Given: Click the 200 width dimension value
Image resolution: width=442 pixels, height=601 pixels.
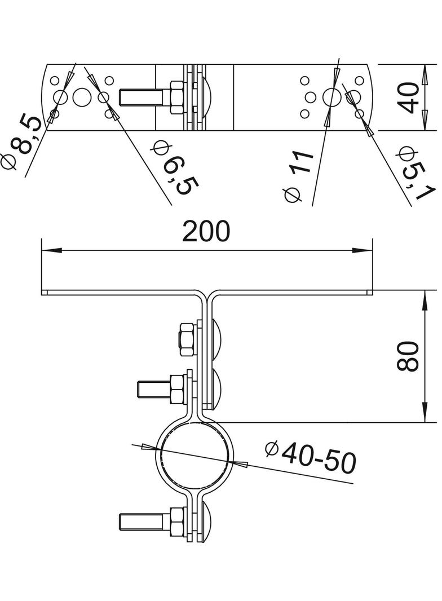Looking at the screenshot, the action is tap(206, 231).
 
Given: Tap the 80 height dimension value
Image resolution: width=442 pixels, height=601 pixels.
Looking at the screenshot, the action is tap(407, 356).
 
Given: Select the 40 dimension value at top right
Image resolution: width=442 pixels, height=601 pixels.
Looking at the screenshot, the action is tap(406, 98).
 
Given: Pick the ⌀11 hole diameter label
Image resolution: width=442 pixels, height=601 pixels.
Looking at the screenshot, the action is tap(298, 176).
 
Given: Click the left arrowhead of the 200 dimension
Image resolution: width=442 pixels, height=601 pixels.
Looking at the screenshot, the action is tap(51, 251).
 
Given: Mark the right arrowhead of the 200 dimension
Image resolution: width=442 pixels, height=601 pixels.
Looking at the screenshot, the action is tap(363, 251).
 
